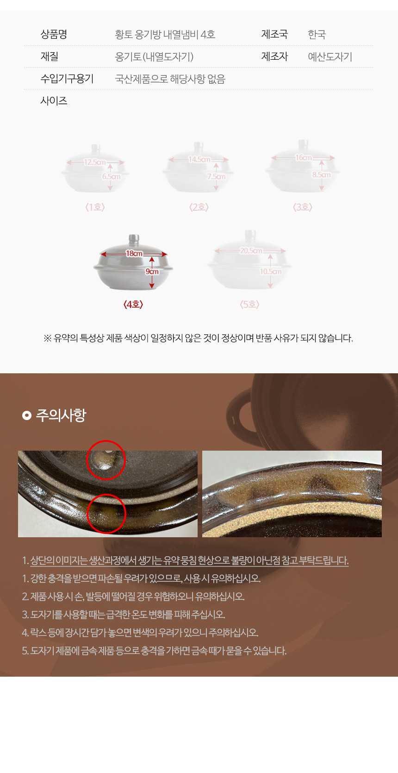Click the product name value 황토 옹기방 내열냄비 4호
pos(165,34)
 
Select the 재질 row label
pos(50,57)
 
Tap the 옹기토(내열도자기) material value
pos(154,57)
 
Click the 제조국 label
pos(274,34)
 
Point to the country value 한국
pos(317,34)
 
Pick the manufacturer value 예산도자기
pos(330,57)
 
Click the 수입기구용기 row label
pos(67,79)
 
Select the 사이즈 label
pos(54,101)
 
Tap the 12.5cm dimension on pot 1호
pos(94,162)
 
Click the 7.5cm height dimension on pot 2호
pos(216,176)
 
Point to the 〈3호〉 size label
pos(303,207)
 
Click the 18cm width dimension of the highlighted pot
pos(134,253)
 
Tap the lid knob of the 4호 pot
pos(133,239)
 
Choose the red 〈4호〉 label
pos(133,304)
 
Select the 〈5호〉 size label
pos(249,304)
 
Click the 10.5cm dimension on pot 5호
pos(271,271)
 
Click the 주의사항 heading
pos(61,415)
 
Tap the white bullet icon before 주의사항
pos(27,415)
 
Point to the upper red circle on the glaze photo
pos(106,459)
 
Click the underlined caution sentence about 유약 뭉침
pos(189,560)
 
